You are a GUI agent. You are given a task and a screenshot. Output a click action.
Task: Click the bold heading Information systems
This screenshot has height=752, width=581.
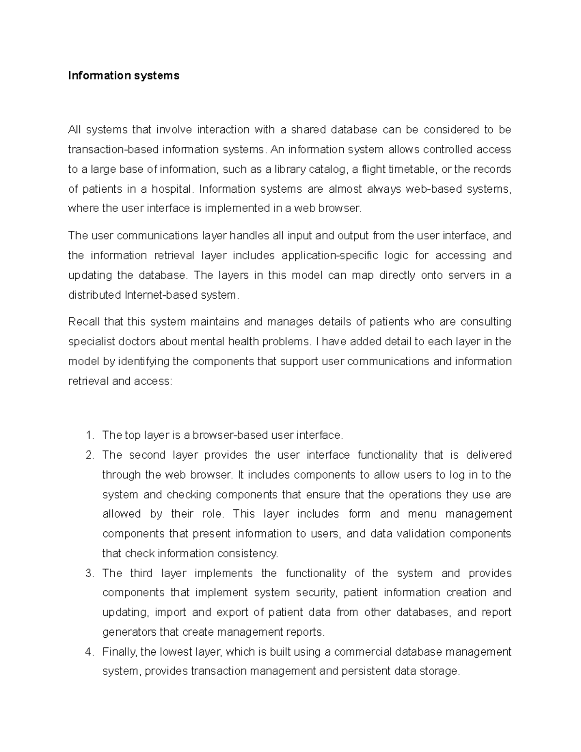(x=123, y=76)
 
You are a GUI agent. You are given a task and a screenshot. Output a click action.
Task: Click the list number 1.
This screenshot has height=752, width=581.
(x=89, y=435)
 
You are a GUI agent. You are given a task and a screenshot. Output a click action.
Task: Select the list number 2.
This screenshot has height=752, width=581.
(x=89, y=455)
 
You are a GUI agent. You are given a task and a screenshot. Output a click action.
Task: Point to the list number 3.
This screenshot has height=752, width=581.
(x=89, y=573)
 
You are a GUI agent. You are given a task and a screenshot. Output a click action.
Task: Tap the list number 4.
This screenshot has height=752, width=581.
(x=89, y=652)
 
